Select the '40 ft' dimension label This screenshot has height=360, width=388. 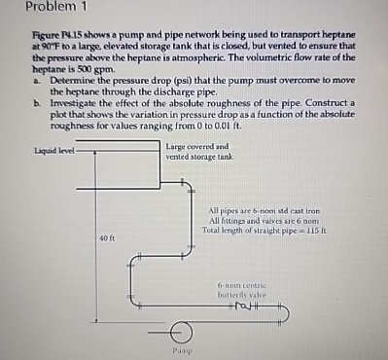(106, 238)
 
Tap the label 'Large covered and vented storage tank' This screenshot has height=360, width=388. (199, 152)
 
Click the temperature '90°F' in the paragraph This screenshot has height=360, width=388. (47, 47)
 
